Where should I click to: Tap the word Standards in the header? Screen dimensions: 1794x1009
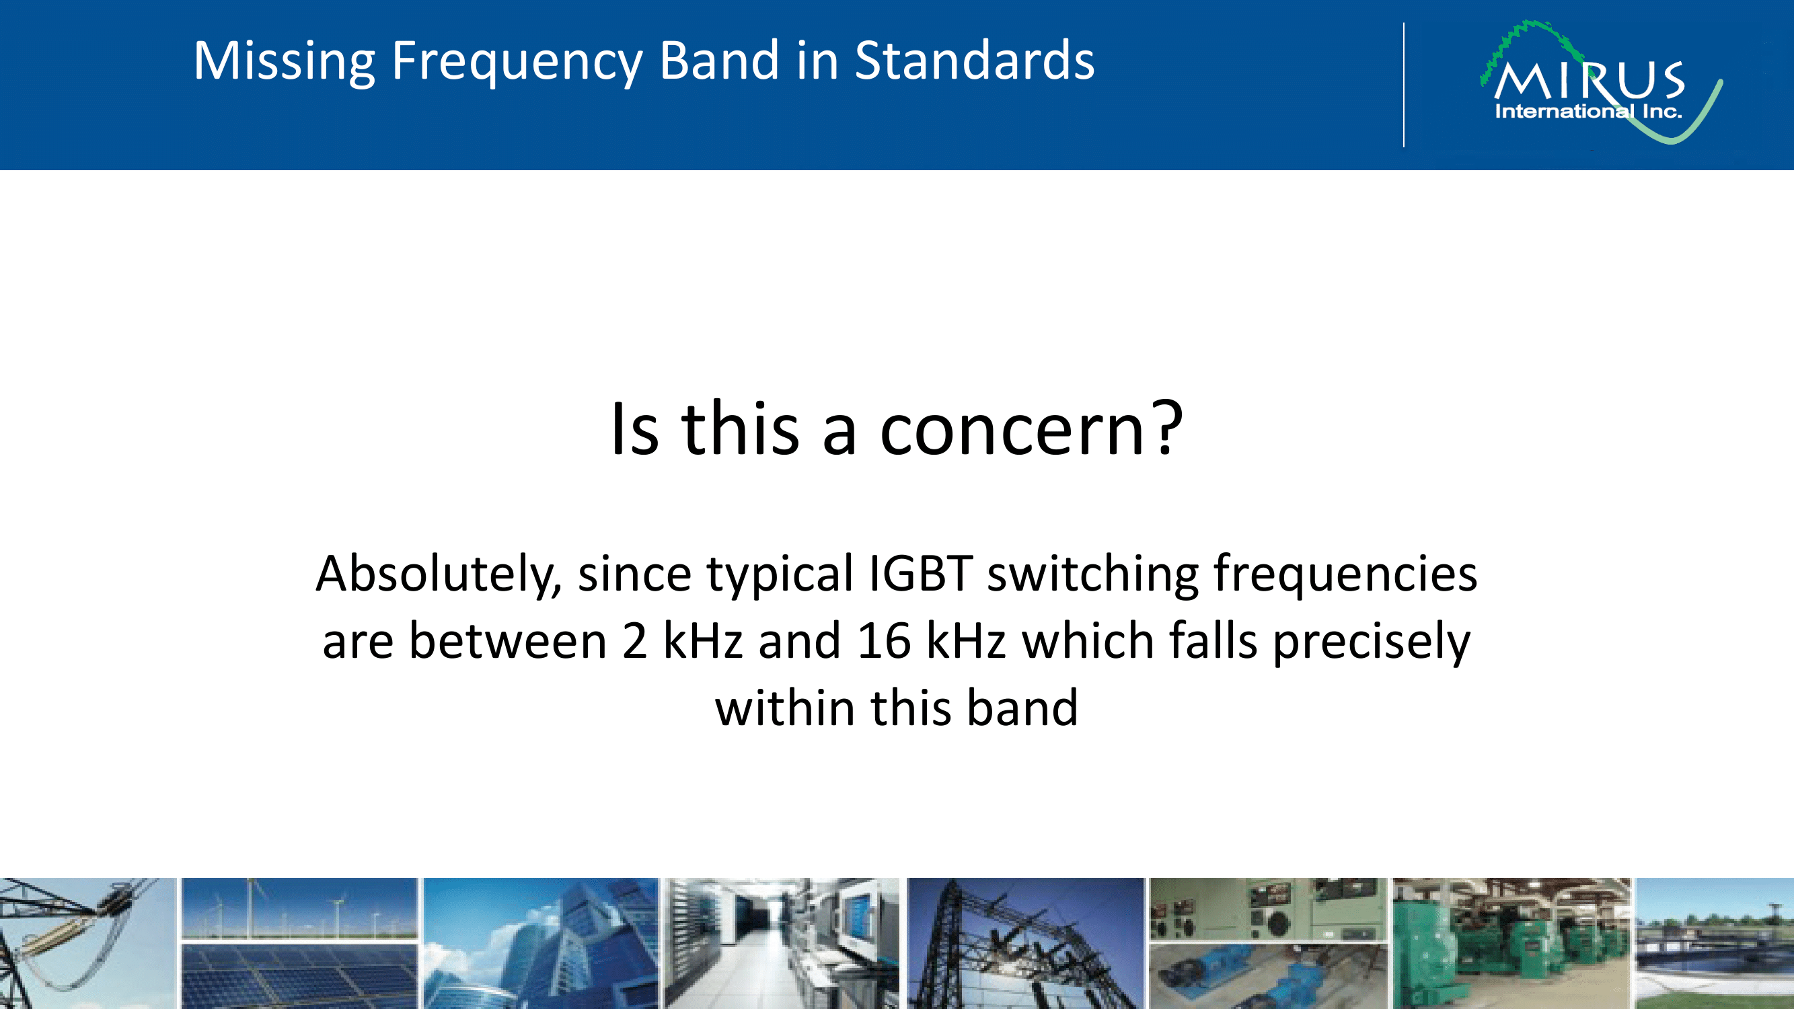974,61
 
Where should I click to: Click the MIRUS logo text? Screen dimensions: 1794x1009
1590,81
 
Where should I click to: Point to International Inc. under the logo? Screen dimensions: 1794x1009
1589,112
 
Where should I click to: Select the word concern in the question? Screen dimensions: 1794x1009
1011,432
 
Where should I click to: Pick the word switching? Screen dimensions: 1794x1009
1092,575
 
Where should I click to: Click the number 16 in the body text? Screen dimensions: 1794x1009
884,640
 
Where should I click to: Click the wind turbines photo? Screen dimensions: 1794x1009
299,908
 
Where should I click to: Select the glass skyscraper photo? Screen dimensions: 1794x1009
541,944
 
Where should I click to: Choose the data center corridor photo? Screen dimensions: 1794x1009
782,944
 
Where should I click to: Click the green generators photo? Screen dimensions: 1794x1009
1511,944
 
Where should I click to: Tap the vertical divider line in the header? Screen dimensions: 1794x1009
1404,85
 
